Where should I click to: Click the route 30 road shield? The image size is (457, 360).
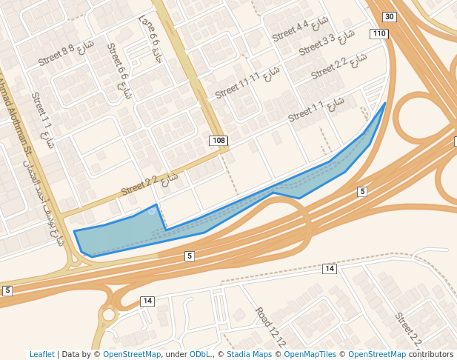[x=389, y=17]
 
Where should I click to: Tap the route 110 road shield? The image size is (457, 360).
[x=379, y=34]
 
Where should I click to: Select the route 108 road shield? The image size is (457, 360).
[x=218, y=141]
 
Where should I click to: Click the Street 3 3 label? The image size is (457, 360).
[x=317, y=44]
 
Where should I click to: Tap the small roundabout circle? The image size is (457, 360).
[x=109, y=315]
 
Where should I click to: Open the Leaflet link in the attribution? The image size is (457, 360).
[x=42, y=355]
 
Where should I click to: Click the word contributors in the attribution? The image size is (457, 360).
[x=431, y=355]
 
